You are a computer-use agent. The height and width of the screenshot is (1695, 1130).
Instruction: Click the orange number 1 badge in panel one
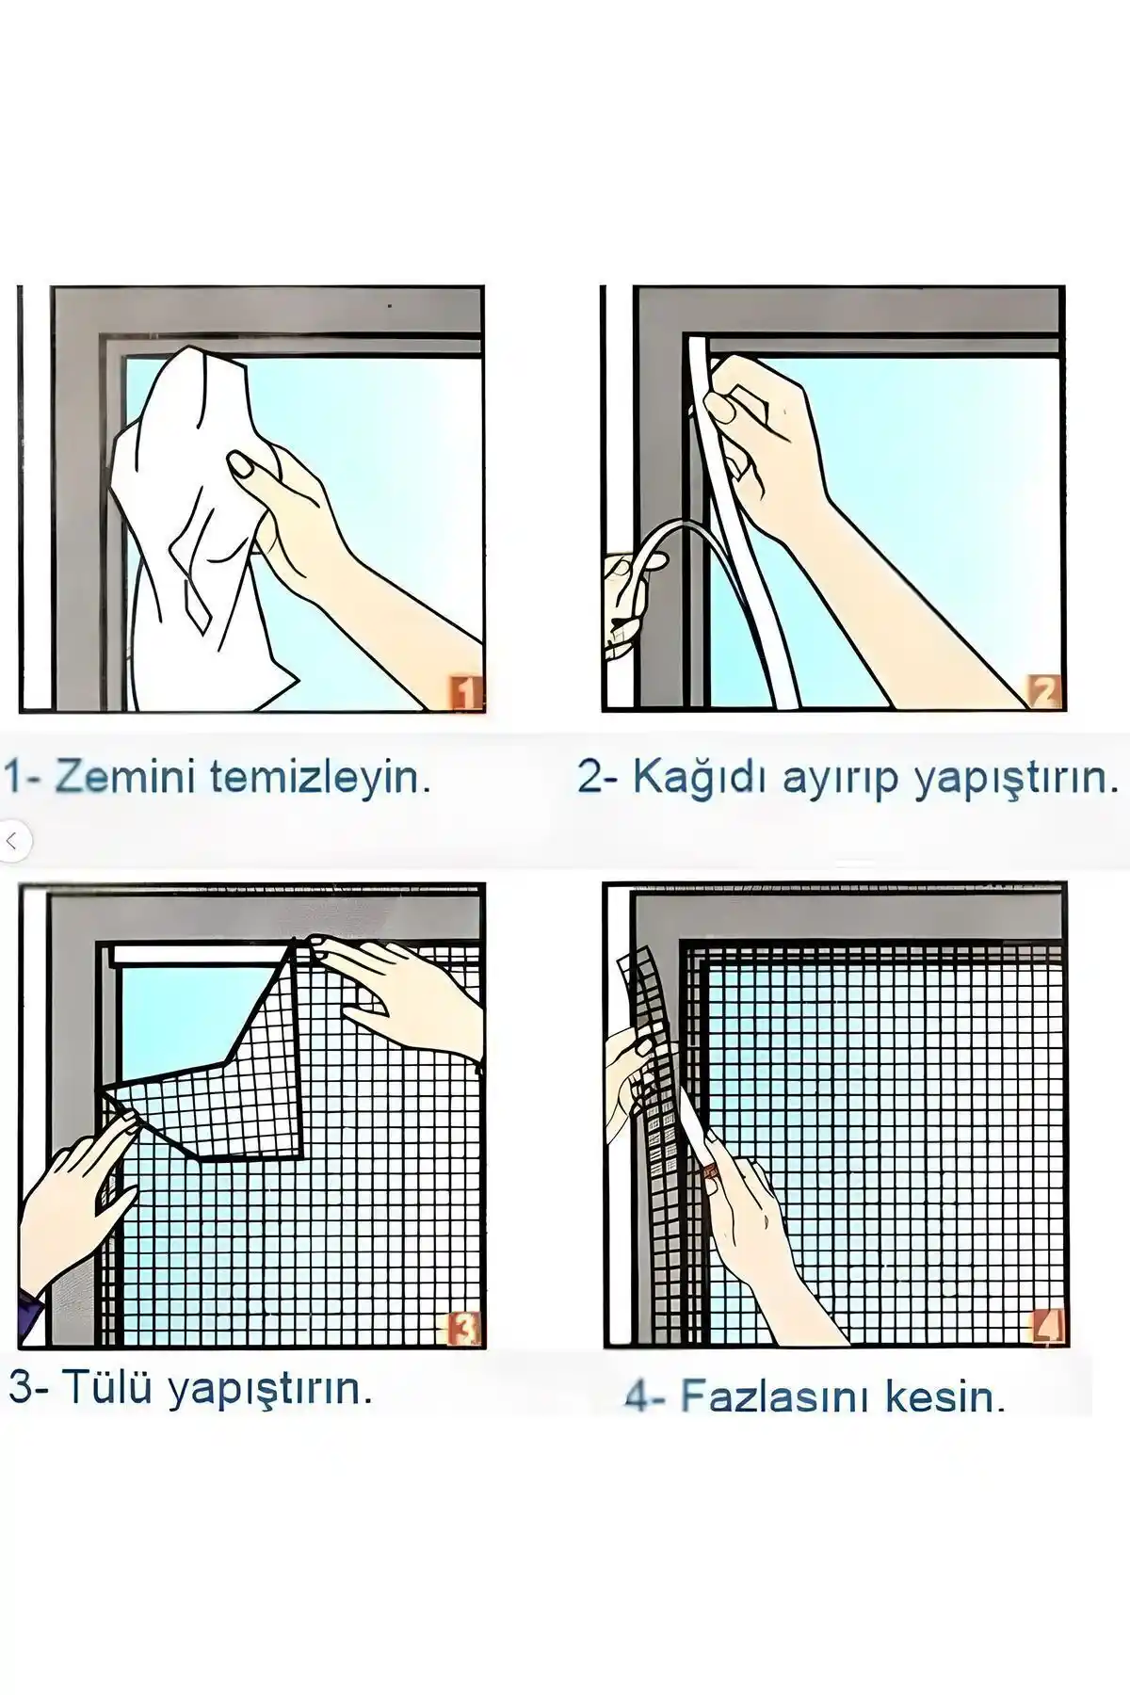(465, 695)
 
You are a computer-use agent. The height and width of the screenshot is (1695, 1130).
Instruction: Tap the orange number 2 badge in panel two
(1045, 693)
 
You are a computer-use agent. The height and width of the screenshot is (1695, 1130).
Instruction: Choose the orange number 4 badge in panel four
(1046, 1326)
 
